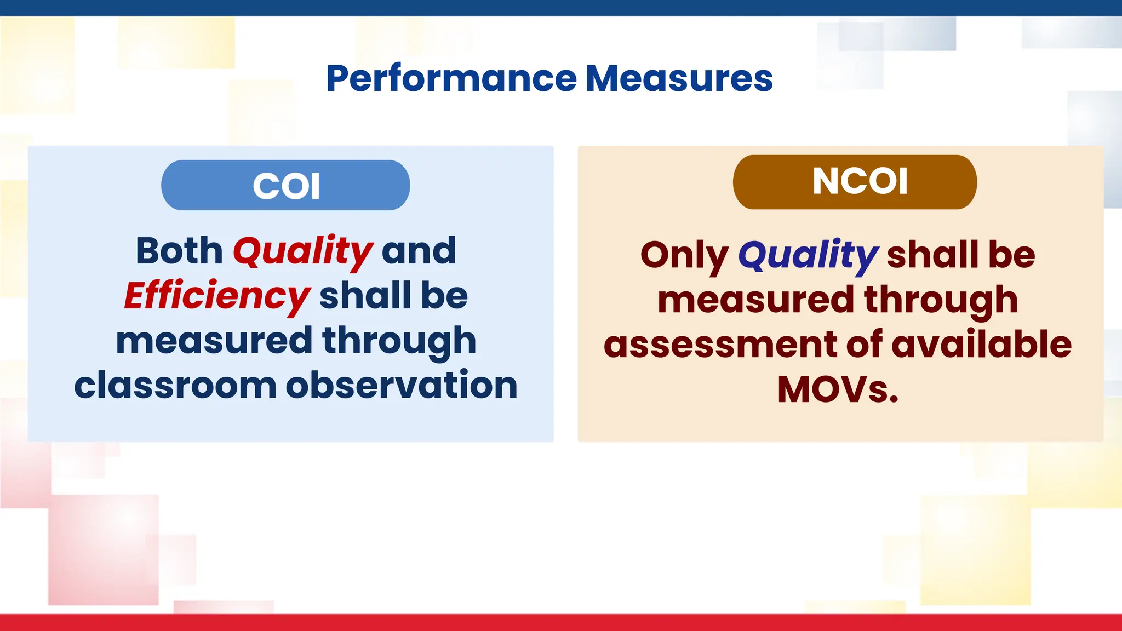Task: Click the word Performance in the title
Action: click(x=451, y=79)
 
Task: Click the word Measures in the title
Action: click(x=679, y=79)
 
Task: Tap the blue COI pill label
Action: click(x=285, y=186)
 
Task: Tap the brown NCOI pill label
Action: click(x=855, y=181)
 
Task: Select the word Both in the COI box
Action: click(x=179, y=251)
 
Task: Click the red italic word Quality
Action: click(x=302, y=252)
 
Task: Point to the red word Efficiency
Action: click(x=217, y=296)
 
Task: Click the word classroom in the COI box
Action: click(x=175, y=386)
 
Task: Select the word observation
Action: click(x=401, y=386)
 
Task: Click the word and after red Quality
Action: click(x=419, y=251)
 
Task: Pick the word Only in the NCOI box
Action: click(x=684, y=256)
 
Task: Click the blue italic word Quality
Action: click(x=808, y=256)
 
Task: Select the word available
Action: click(x=981, y=345)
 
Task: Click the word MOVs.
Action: click(x=838, y=389)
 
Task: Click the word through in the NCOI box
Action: click(x=941, y=301)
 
